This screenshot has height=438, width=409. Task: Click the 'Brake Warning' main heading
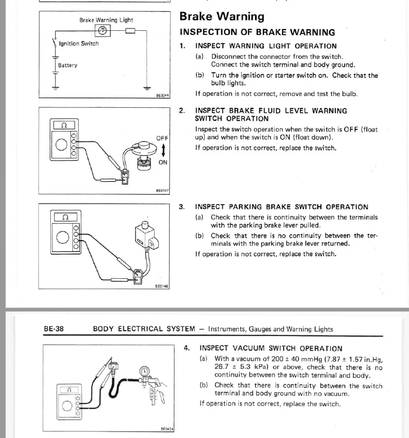click(x=222, y=17)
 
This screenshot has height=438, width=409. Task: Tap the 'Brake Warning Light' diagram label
click(x=106, y=20)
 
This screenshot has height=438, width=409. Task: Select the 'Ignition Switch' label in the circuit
click(x=79, y=44)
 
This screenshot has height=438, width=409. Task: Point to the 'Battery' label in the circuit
click(x=68, y=65)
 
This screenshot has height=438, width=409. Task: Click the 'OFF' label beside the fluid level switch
click(x=162, y=139)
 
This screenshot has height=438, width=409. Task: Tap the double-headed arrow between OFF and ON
click(x=163, y=150)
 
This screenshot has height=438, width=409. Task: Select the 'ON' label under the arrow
click(x=163, y=162)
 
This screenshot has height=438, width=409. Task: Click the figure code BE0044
click(x=162, y=95)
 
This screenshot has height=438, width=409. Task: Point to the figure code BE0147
click(x=162, y=190)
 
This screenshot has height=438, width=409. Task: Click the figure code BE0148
click(x=162, y=286)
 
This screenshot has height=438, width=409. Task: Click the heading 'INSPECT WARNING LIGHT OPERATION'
click(x=265, y=46)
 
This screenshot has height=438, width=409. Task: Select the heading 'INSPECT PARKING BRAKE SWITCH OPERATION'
click(x=281, y=207)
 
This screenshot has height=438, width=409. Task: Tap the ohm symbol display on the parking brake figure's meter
click(x=65, y=217)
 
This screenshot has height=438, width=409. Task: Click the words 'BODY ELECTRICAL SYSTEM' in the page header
click(x=143, y=328)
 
